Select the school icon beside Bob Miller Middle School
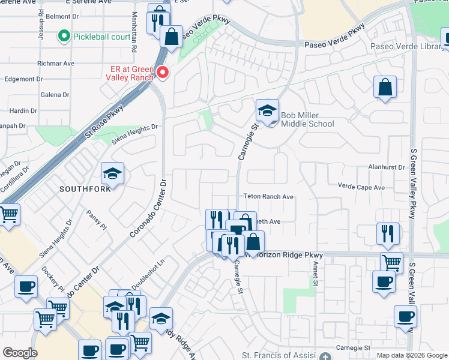267,111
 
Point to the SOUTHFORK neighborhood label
85,189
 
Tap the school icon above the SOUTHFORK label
112,173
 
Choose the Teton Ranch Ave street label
268,197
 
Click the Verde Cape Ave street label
361,187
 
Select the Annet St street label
315,277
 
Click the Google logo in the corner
20,353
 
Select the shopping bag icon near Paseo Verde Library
384,88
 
